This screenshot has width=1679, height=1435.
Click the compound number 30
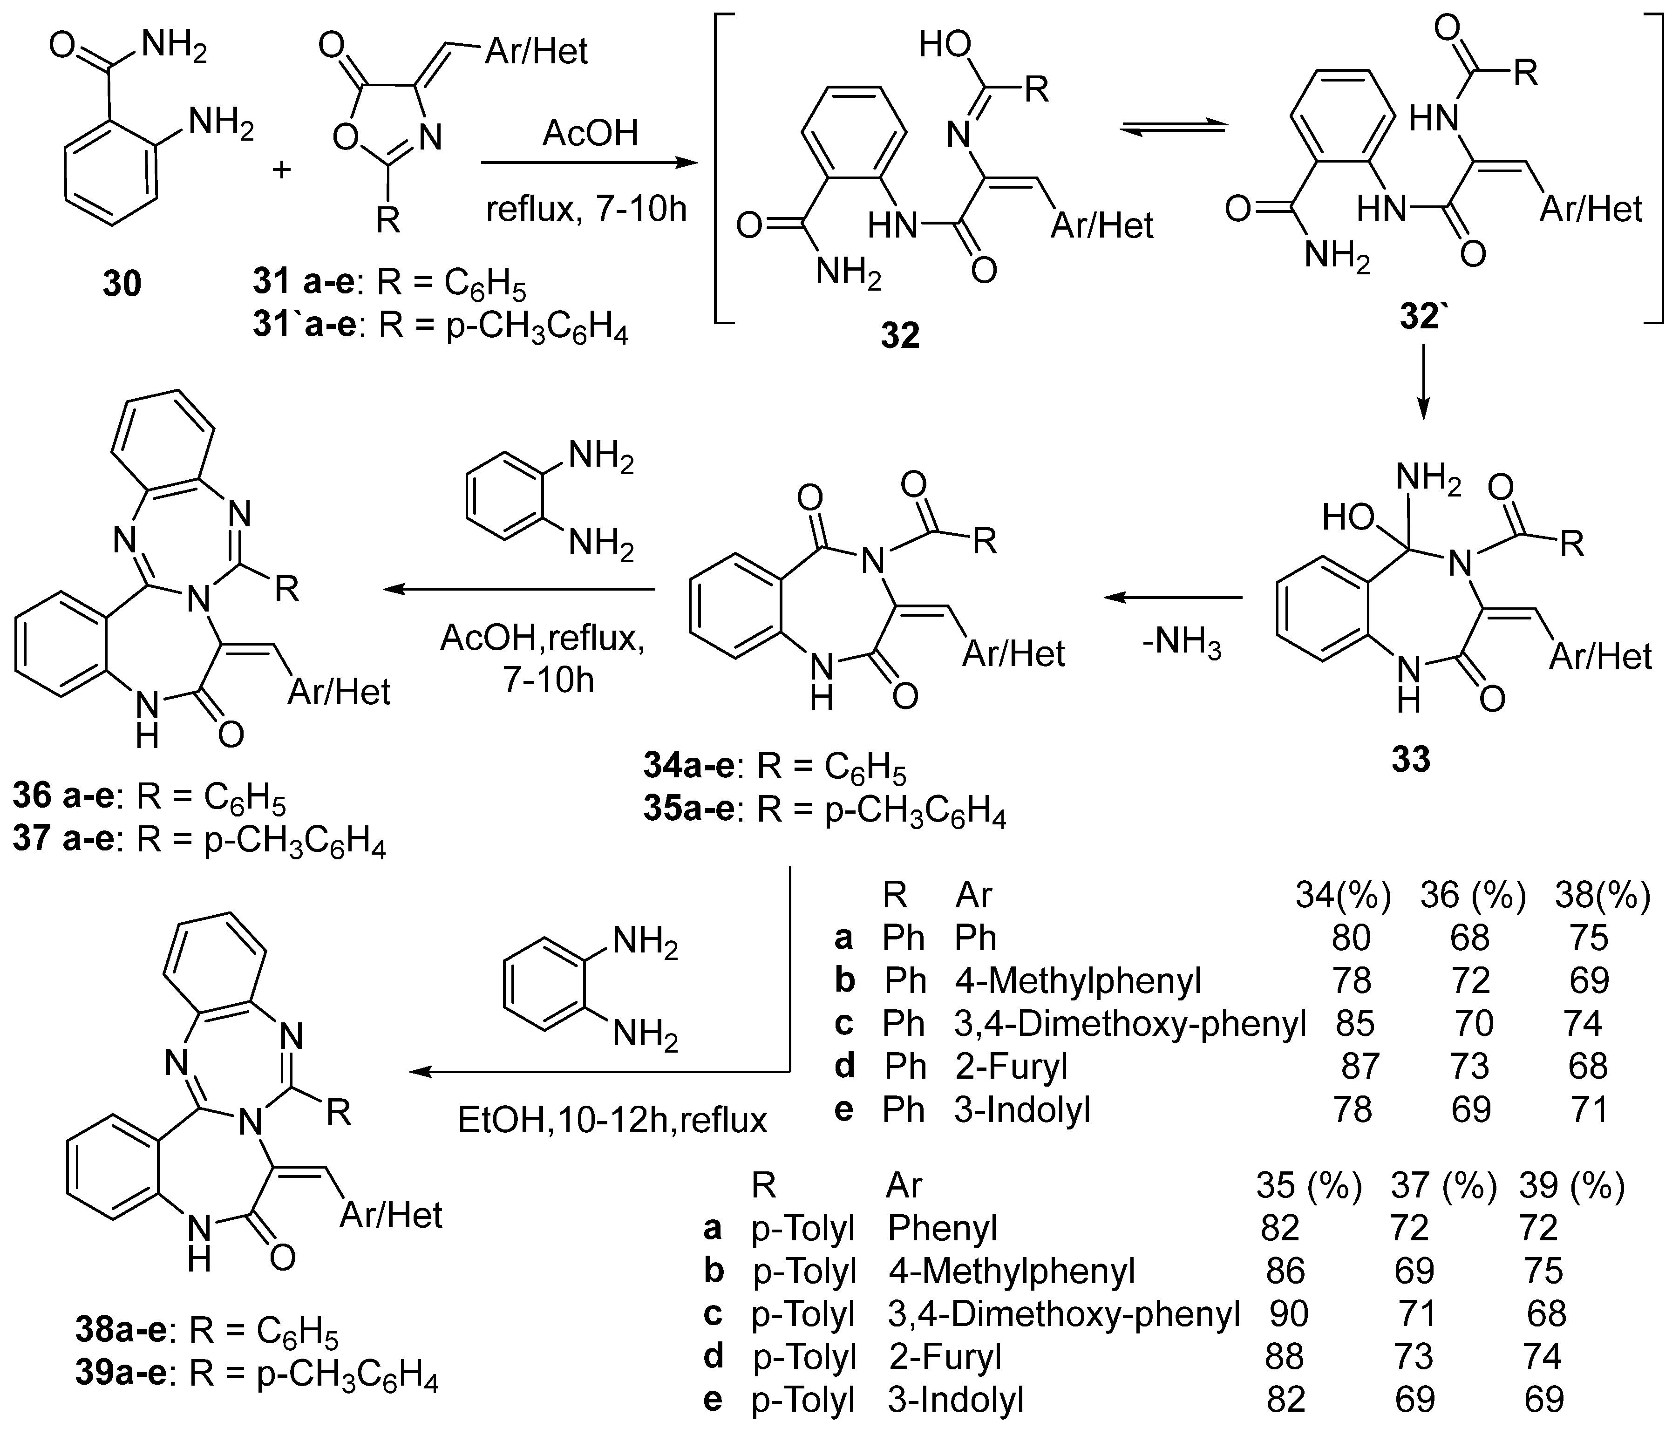click(122, 284)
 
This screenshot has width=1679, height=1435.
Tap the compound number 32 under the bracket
click(900, 334)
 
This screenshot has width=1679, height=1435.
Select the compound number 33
click(1411, 759)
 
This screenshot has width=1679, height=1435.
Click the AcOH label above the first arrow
click(590, 132)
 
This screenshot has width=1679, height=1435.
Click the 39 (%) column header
click(1572, 1185)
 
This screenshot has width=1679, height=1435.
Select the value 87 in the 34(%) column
click(1360, 1066)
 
